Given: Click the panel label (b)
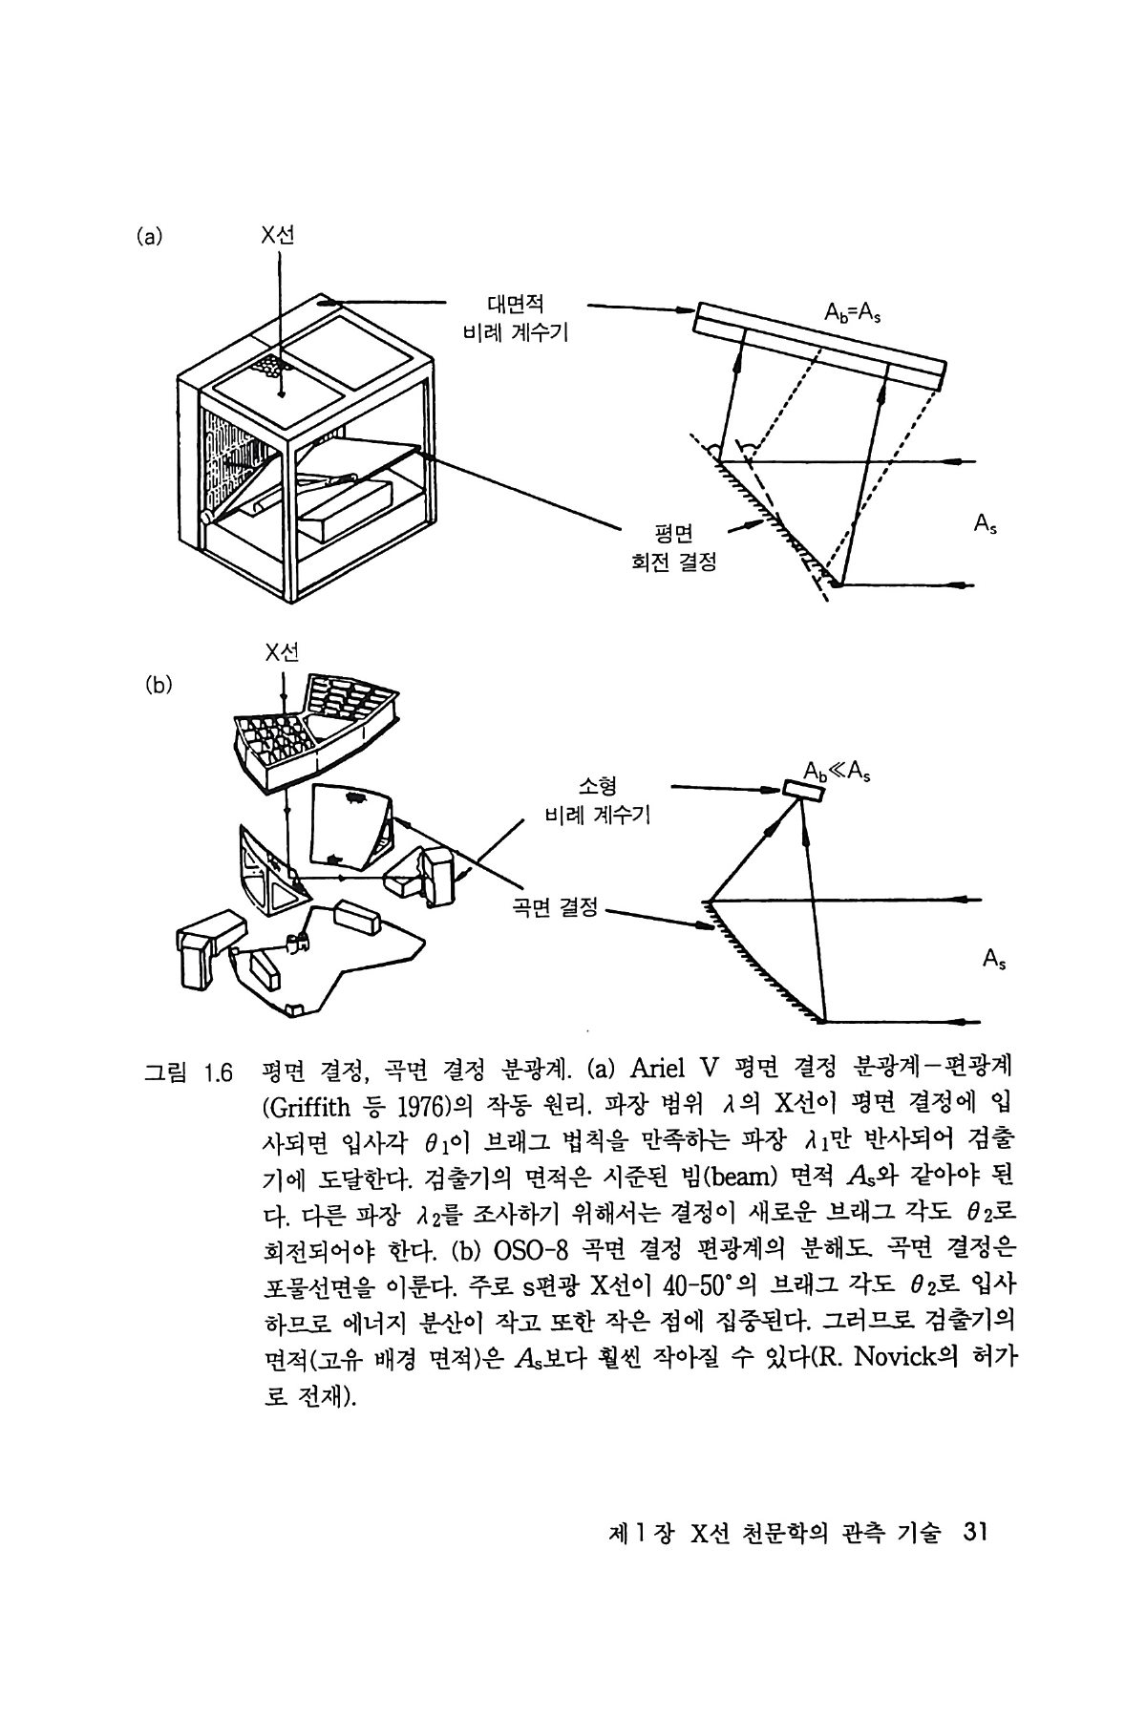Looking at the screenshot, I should pos(157,684).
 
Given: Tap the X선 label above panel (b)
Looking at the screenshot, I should pos(283,652).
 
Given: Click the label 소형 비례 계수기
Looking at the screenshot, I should pos(597,801).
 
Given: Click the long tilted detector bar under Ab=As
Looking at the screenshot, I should pos(820,345).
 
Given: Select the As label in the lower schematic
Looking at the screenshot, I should pos(993,958).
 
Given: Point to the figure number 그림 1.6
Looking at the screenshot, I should pos(186,1073).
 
